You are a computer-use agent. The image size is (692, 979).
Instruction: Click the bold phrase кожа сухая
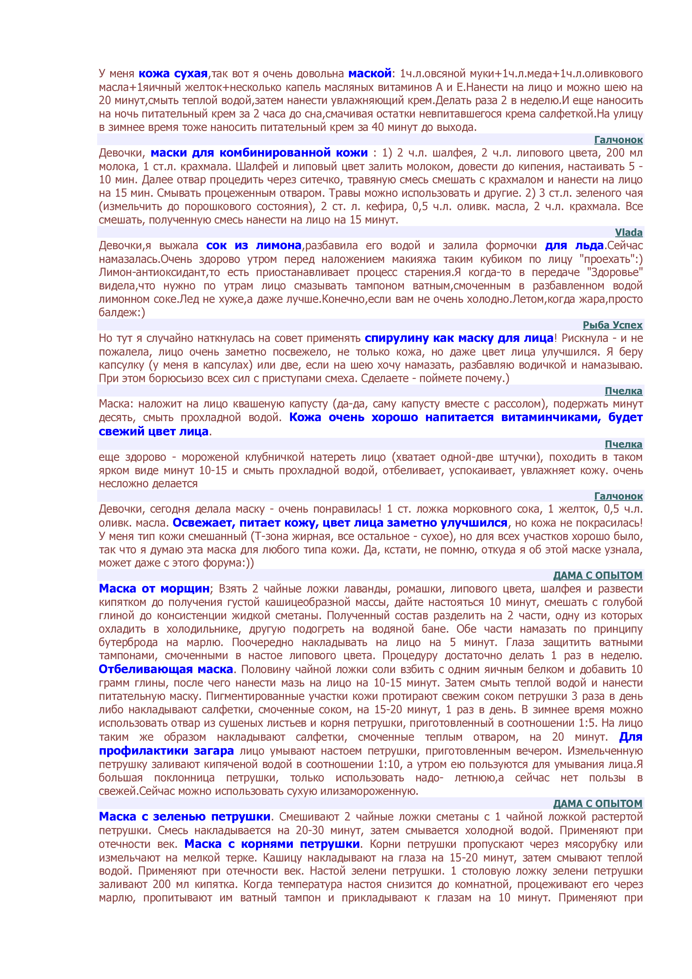(x=173, y=73)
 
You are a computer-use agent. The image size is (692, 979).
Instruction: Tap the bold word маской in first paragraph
(x=370, y=73)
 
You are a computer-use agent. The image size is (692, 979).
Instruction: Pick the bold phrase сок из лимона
(x=254, y=246)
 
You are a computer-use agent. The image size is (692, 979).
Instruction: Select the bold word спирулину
(x=396, y=338)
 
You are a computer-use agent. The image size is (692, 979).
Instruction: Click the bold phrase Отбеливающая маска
(x=166, y=670)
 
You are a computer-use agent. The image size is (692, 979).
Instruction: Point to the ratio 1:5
(x=587, y=723)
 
